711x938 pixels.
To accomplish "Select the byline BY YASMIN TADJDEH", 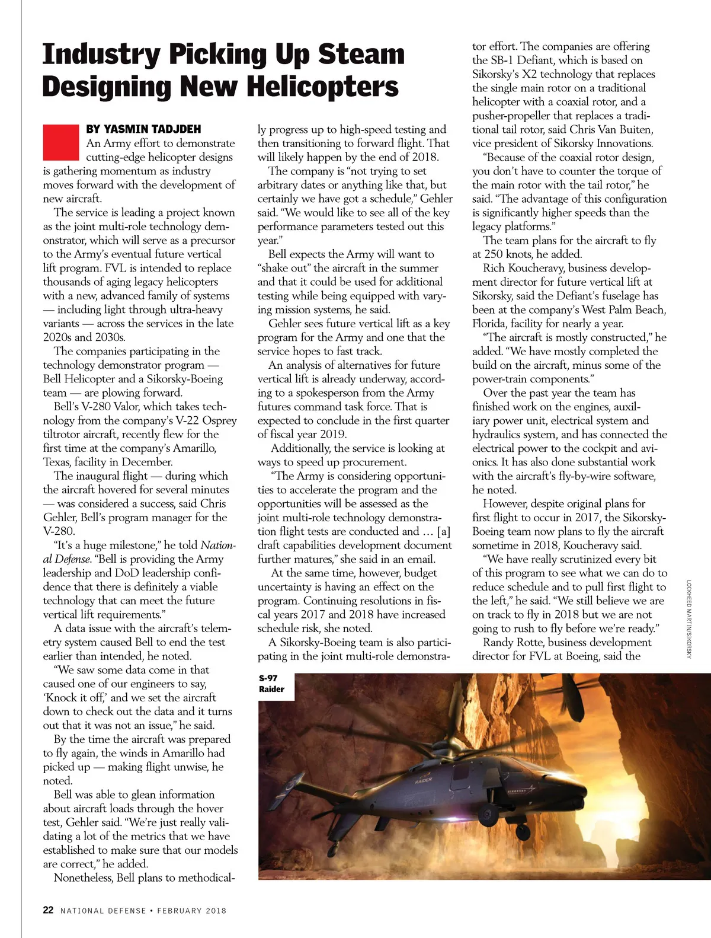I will click(143, 129).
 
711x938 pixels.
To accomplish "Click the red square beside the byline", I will click(60, 142).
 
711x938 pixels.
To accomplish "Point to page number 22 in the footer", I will click(48, 910).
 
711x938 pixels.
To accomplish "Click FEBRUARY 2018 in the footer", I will click(191, 911).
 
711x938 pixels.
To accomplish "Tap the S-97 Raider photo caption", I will click(271, 684).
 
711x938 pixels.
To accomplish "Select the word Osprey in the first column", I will click(219, 420).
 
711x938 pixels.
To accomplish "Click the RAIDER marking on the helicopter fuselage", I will click(423, 780).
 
